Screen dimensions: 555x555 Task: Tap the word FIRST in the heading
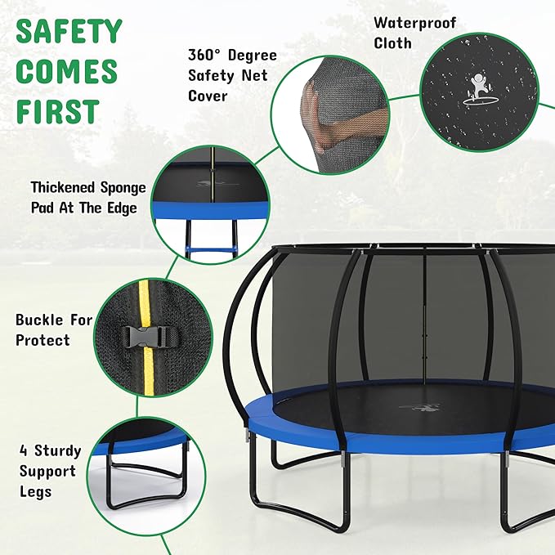(x=57, y=111)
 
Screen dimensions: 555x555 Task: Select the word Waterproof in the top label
(x=414, y=23)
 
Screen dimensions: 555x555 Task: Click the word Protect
(x=42, y=340)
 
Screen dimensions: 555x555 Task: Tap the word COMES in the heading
(x=68, y=71)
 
